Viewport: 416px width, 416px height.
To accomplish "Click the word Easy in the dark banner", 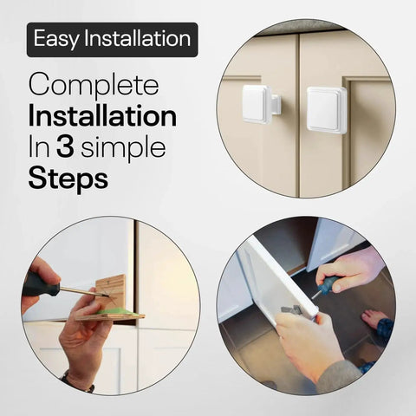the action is point(55,39).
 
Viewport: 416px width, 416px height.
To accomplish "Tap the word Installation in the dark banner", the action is point(138,38).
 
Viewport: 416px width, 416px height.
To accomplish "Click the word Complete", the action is point(94,86).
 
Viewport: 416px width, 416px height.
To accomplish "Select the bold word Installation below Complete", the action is point(102,116).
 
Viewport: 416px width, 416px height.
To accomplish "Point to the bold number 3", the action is point(65,147).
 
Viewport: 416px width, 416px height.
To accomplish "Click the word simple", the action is point(123,149).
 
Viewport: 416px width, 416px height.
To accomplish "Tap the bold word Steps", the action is point(68,179).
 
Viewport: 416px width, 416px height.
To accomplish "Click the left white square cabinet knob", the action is point(260,105).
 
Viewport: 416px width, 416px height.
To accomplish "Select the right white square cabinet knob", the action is point(327,110).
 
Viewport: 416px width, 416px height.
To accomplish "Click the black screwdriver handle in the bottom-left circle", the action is point(41,284).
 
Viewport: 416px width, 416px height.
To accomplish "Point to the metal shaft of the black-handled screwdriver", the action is point(83,291).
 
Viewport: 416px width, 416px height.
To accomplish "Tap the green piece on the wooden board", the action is point(115,312).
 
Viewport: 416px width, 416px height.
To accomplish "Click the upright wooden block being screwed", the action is point(112,291).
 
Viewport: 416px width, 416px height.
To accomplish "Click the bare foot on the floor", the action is point(375,318).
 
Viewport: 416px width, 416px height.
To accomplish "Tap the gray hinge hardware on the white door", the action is point(292,309).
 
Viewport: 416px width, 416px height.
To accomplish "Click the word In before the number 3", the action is point(39,148).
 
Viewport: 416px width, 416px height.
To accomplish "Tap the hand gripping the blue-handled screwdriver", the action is point(349,270).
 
